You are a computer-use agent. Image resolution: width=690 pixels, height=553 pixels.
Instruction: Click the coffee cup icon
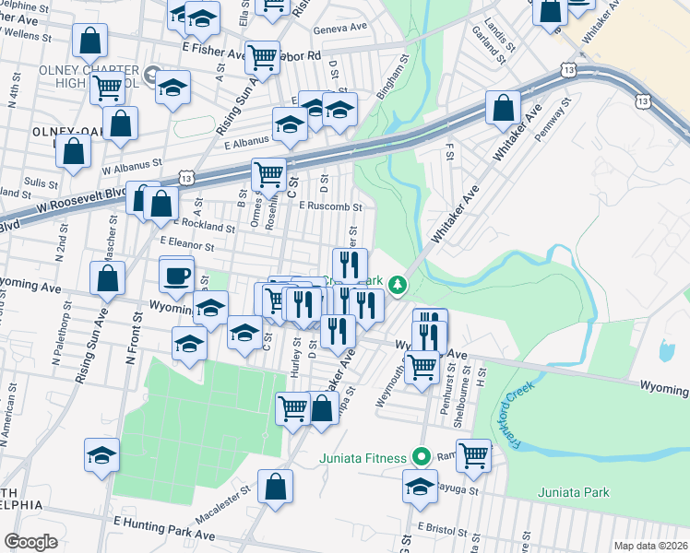(176, 274)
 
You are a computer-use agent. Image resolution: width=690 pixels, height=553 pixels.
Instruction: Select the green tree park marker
(398, 285)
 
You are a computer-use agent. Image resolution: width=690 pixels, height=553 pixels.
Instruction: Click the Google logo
(30, 542)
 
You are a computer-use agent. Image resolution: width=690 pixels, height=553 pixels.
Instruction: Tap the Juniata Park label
(574, 492)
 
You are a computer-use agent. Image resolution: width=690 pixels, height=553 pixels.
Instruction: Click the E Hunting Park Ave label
(162, 524)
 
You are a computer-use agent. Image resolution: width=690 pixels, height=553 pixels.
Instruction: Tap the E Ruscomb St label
(326, 206)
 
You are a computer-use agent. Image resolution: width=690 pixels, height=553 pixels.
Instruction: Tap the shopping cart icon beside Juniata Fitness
(473, 453)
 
